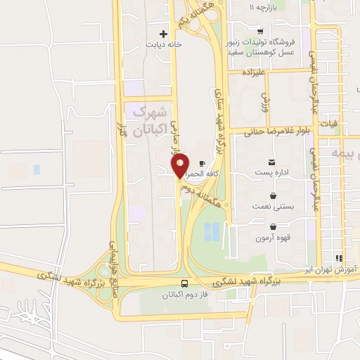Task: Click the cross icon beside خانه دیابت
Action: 164,33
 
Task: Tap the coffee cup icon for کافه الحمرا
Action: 203,162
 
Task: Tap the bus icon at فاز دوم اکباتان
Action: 183,283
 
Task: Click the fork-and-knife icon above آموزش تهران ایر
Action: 339,258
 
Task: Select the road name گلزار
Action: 122,127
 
